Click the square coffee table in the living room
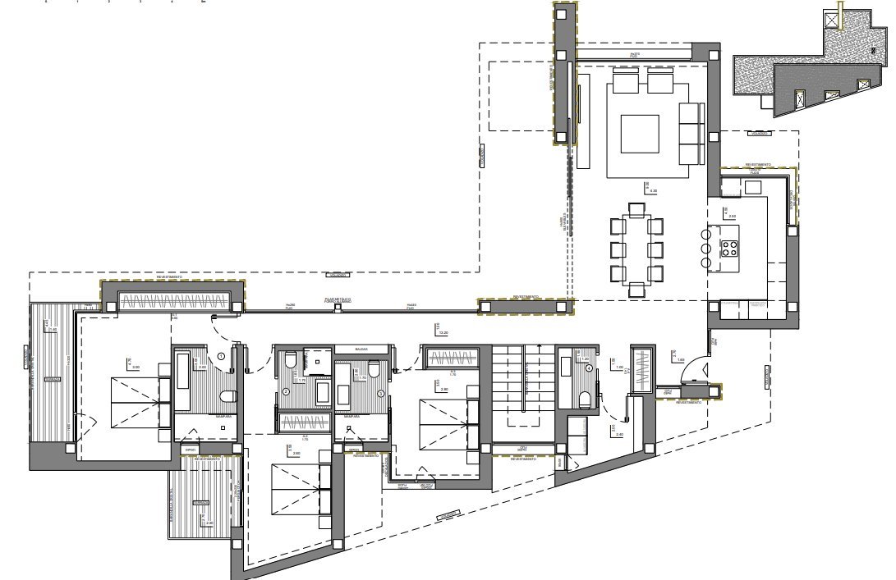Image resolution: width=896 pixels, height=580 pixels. coord(640,135)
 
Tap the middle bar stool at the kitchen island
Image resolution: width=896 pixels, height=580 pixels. coord(705,247)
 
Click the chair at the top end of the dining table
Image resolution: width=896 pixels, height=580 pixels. coord(636,210)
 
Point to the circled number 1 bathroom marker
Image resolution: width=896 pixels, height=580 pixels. coord(221,355)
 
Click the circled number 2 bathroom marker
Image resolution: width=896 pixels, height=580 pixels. coord(286,392)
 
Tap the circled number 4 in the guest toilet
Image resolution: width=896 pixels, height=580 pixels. coord(590,369)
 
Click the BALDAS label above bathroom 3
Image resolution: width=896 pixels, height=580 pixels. coord(361,349)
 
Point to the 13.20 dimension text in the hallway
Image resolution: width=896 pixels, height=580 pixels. coord(443,333)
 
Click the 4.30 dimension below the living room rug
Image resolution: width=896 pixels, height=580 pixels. coord(653,190)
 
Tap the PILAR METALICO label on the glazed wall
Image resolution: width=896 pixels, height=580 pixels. coord(337,301)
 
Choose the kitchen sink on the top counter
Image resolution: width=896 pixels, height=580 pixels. coord(752,187)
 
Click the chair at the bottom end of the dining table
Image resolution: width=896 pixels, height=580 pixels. coord(636,288)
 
